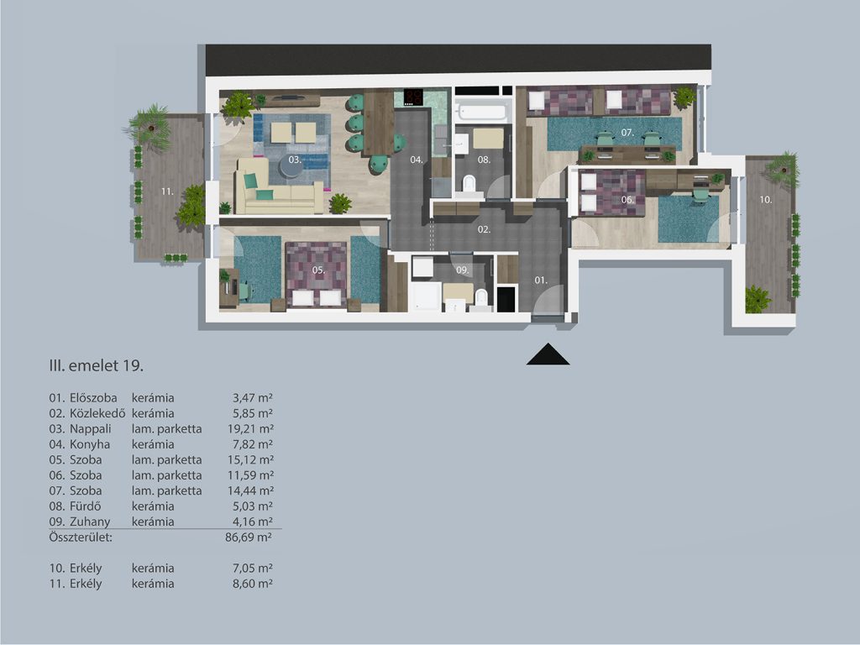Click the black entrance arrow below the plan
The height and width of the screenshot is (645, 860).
pos(548,355)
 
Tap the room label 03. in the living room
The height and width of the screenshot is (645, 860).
pos(295,160)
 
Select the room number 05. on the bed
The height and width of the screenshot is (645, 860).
pos(318,270)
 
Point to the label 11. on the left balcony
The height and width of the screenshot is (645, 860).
pos(167,191)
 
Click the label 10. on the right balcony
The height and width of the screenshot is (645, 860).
pos(766,200)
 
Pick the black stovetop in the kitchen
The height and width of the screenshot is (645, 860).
pos(413,97)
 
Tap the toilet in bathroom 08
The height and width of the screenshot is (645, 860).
pos(469,184)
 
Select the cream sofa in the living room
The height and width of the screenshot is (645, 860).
pos(279,187)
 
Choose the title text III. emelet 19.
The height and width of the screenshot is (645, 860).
pos(97,366)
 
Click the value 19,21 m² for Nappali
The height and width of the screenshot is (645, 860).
pos(250,429)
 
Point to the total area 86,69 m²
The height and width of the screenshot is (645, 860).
pos(249,537)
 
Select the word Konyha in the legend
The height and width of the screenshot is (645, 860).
pos(90,444)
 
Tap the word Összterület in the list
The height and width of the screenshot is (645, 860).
pos(81,537)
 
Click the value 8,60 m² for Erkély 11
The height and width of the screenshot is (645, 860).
pos(253,584)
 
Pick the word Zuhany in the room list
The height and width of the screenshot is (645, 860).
pos(90,522)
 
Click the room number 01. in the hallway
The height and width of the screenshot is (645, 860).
pos(541,281)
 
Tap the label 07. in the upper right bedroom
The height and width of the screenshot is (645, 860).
pos(627,133)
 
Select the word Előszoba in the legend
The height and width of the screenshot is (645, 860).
pos(93,397)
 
